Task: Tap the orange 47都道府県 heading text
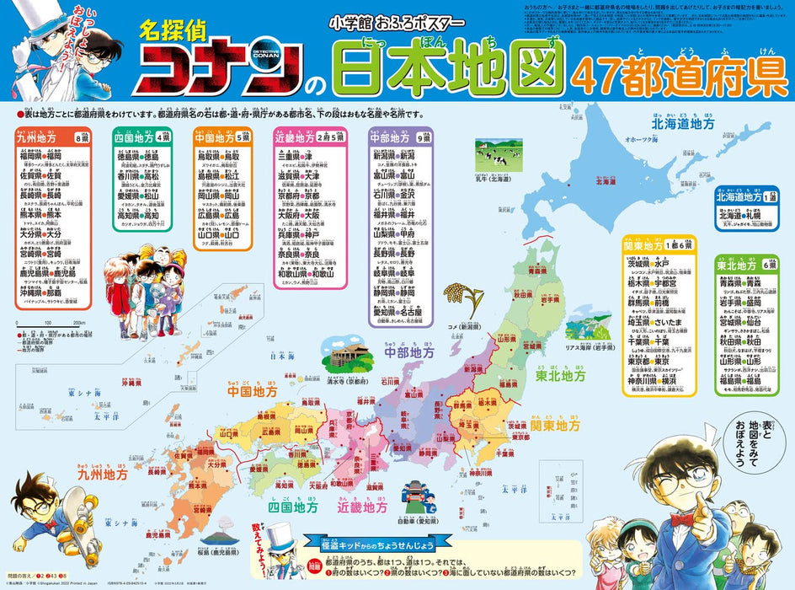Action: [680, 78]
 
